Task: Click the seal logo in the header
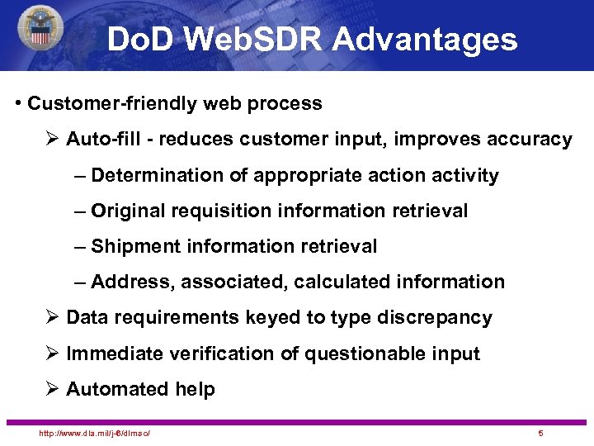[x=39, y=28]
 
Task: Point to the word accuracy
[x=530, y=140]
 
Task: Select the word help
[x=196, y=390]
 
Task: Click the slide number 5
[x=540, y=434]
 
